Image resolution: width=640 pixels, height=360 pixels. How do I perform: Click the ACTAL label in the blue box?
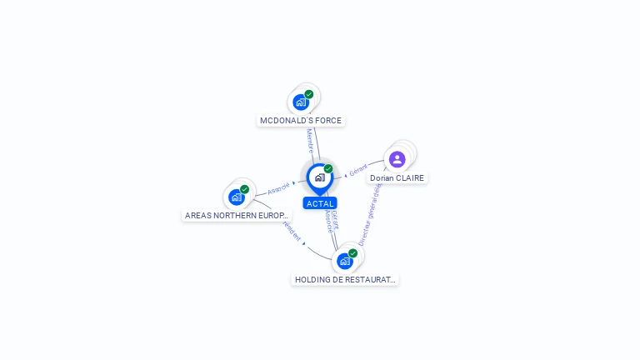pos(320,203)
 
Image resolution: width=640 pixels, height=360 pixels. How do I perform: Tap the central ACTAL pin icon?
pos(319,177)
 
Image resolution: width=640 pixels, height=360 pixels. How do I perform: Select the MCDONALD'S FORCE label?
pos(301,120)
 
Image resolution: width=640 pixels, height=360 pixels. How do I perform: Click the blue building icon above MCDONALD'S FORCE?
pos(301,102)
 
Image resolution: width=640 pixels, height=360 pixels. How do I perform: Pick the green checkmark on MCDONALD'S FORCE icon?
pos(309,94)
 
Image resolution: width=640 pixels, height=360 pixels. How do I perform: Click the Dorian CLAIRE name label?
pos(397,178)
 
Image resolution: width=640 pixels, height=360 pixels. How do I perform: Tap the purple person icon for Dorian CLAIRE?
pos(397,159)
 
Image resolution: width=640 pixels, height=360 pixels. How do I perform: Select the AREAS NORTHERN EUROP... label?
pos(237,215)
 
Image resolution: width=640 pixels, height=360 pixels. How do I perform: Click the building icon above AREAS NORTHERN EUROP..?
pos(237,197)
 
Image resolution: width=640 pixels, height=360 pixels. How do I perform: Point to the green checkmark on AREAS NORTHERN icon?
pos(245,189)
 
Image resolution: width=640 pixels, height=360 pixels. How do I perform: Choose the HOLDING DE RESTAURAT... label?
pos(345,280)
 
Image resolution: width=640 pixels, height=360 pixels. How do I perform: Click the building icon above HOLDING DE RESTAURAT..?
pos(344,261)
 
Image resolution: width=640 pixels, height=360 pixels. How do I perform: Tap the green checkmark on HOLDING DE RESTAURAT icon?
pos(353,252)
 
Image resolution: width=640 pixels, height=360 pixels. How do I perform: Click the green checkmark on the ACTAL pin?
pos(328,169)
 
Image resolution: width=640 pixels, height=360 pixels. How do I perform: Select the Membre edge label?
pos(310,140)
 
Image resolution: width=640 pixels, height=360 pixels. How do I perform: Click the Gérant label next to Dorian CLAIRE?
pos(358,171)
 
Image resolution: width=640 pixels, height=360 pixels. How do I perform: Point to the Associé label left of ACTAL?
pos(278,187)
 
